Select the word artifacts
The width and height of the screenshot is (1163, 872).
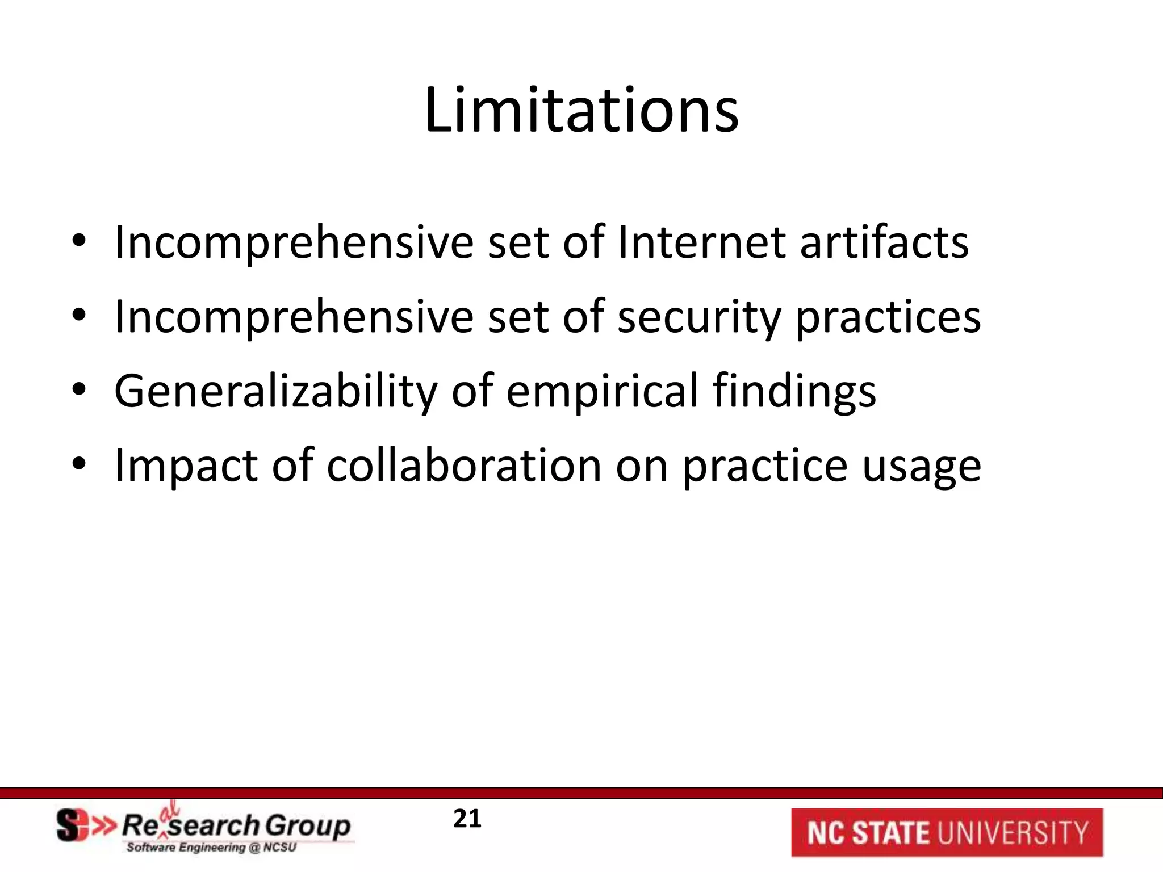884,242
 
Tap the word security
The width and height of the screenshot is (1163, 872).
699,318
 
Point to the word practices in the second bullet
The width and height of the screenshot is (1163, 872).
888,318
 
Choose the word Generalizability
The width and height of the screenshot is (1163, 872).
276,392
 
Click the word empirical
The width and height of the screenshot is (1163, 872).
602,392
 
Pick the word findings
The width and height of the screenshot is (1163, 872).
794,392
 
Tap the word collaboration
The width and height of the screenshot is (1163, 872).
464,466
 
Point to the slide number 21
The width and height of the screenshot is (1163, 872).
467,819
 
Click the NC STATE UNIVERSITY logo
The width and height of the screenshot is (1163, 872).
947,832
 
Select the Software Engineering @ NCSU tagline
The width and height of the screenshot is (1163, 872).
211,848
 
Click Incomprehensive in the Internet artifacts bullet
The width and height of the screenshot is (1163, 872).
294,244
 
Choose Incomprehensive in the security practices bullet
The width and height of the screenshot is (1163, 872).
294,318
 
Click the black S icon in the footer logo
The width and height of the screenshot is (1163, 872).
69,825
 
